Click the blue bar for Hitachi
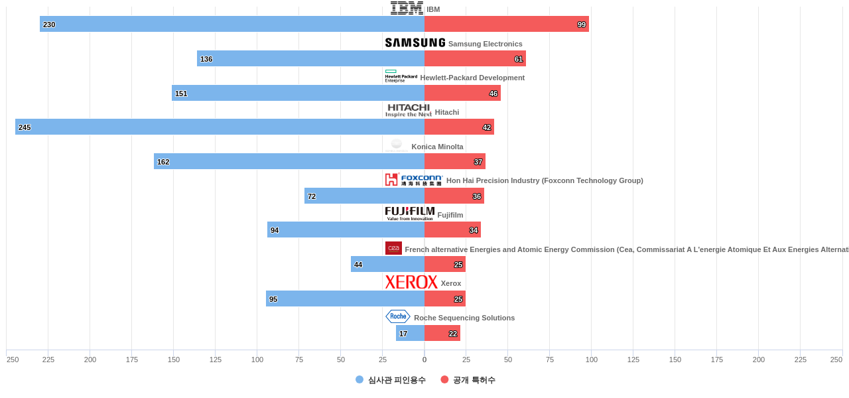[220, 127]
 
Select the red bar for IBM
[507, 24]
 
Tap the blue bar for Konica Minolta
[289, 161]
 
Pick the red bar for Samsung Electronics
[475, 58]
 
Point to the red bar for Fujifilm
[452, 230]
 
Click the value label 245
[25, 127]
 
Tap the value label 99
[582, 25]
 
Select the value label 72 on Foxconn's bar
[312, 196]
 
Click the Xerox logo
[411, 282]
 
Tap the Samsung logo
[415, 42]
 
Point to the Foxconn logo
[413, 180]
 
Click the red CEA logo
[393, 248]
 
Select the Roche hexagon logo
[398, 316]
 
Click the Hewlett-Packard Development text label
[472, 78]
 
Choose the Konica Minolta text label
[437, 147]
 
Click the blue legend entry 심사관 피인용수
[391, 380]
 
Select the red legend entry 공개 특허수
[468, 380]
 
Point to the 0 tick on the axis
[424, 360]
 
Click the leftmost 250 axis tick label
[13, 360]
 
